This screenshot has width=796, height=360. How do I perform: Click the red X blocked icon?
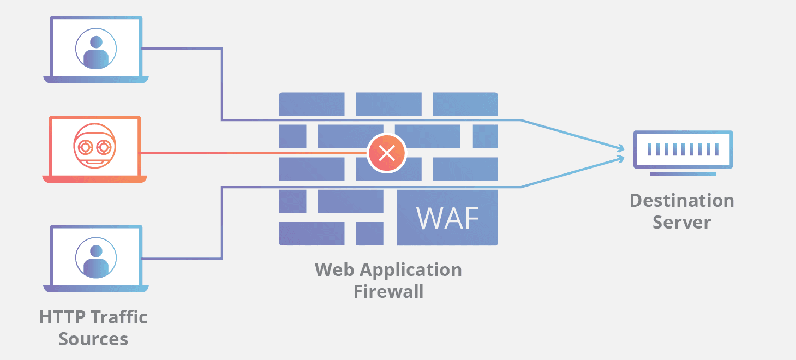[x=387, y=153]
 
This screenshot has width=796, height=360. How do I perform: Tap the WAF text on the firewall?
[x=448, y=218]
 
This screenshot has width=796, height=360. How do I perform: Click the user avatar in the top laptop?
[x=96, y=49]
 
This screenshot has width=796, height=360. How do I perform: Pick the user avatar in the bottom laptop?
[x=96, y=259]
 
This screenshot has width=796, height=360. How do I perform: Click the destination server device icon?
[x=682, y=149]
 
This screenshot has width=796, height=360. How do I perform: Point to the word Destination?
[x=681, y=201]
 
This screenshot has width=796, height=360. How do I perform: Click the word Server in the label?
[x=681, y=223]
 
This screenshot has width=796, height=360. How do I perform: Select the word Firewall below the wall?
[x=388, y=291]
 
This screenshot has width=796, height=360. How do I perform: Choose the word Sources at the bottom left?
[x=93, y=339]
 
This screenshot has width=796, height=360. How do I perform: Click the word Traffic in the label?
[x=119, y=317]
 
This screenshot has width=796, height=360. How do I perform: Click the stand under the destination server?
[x=683, y=174]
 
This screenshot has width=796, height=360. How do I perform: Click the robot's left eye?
[x=86, y=147]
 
